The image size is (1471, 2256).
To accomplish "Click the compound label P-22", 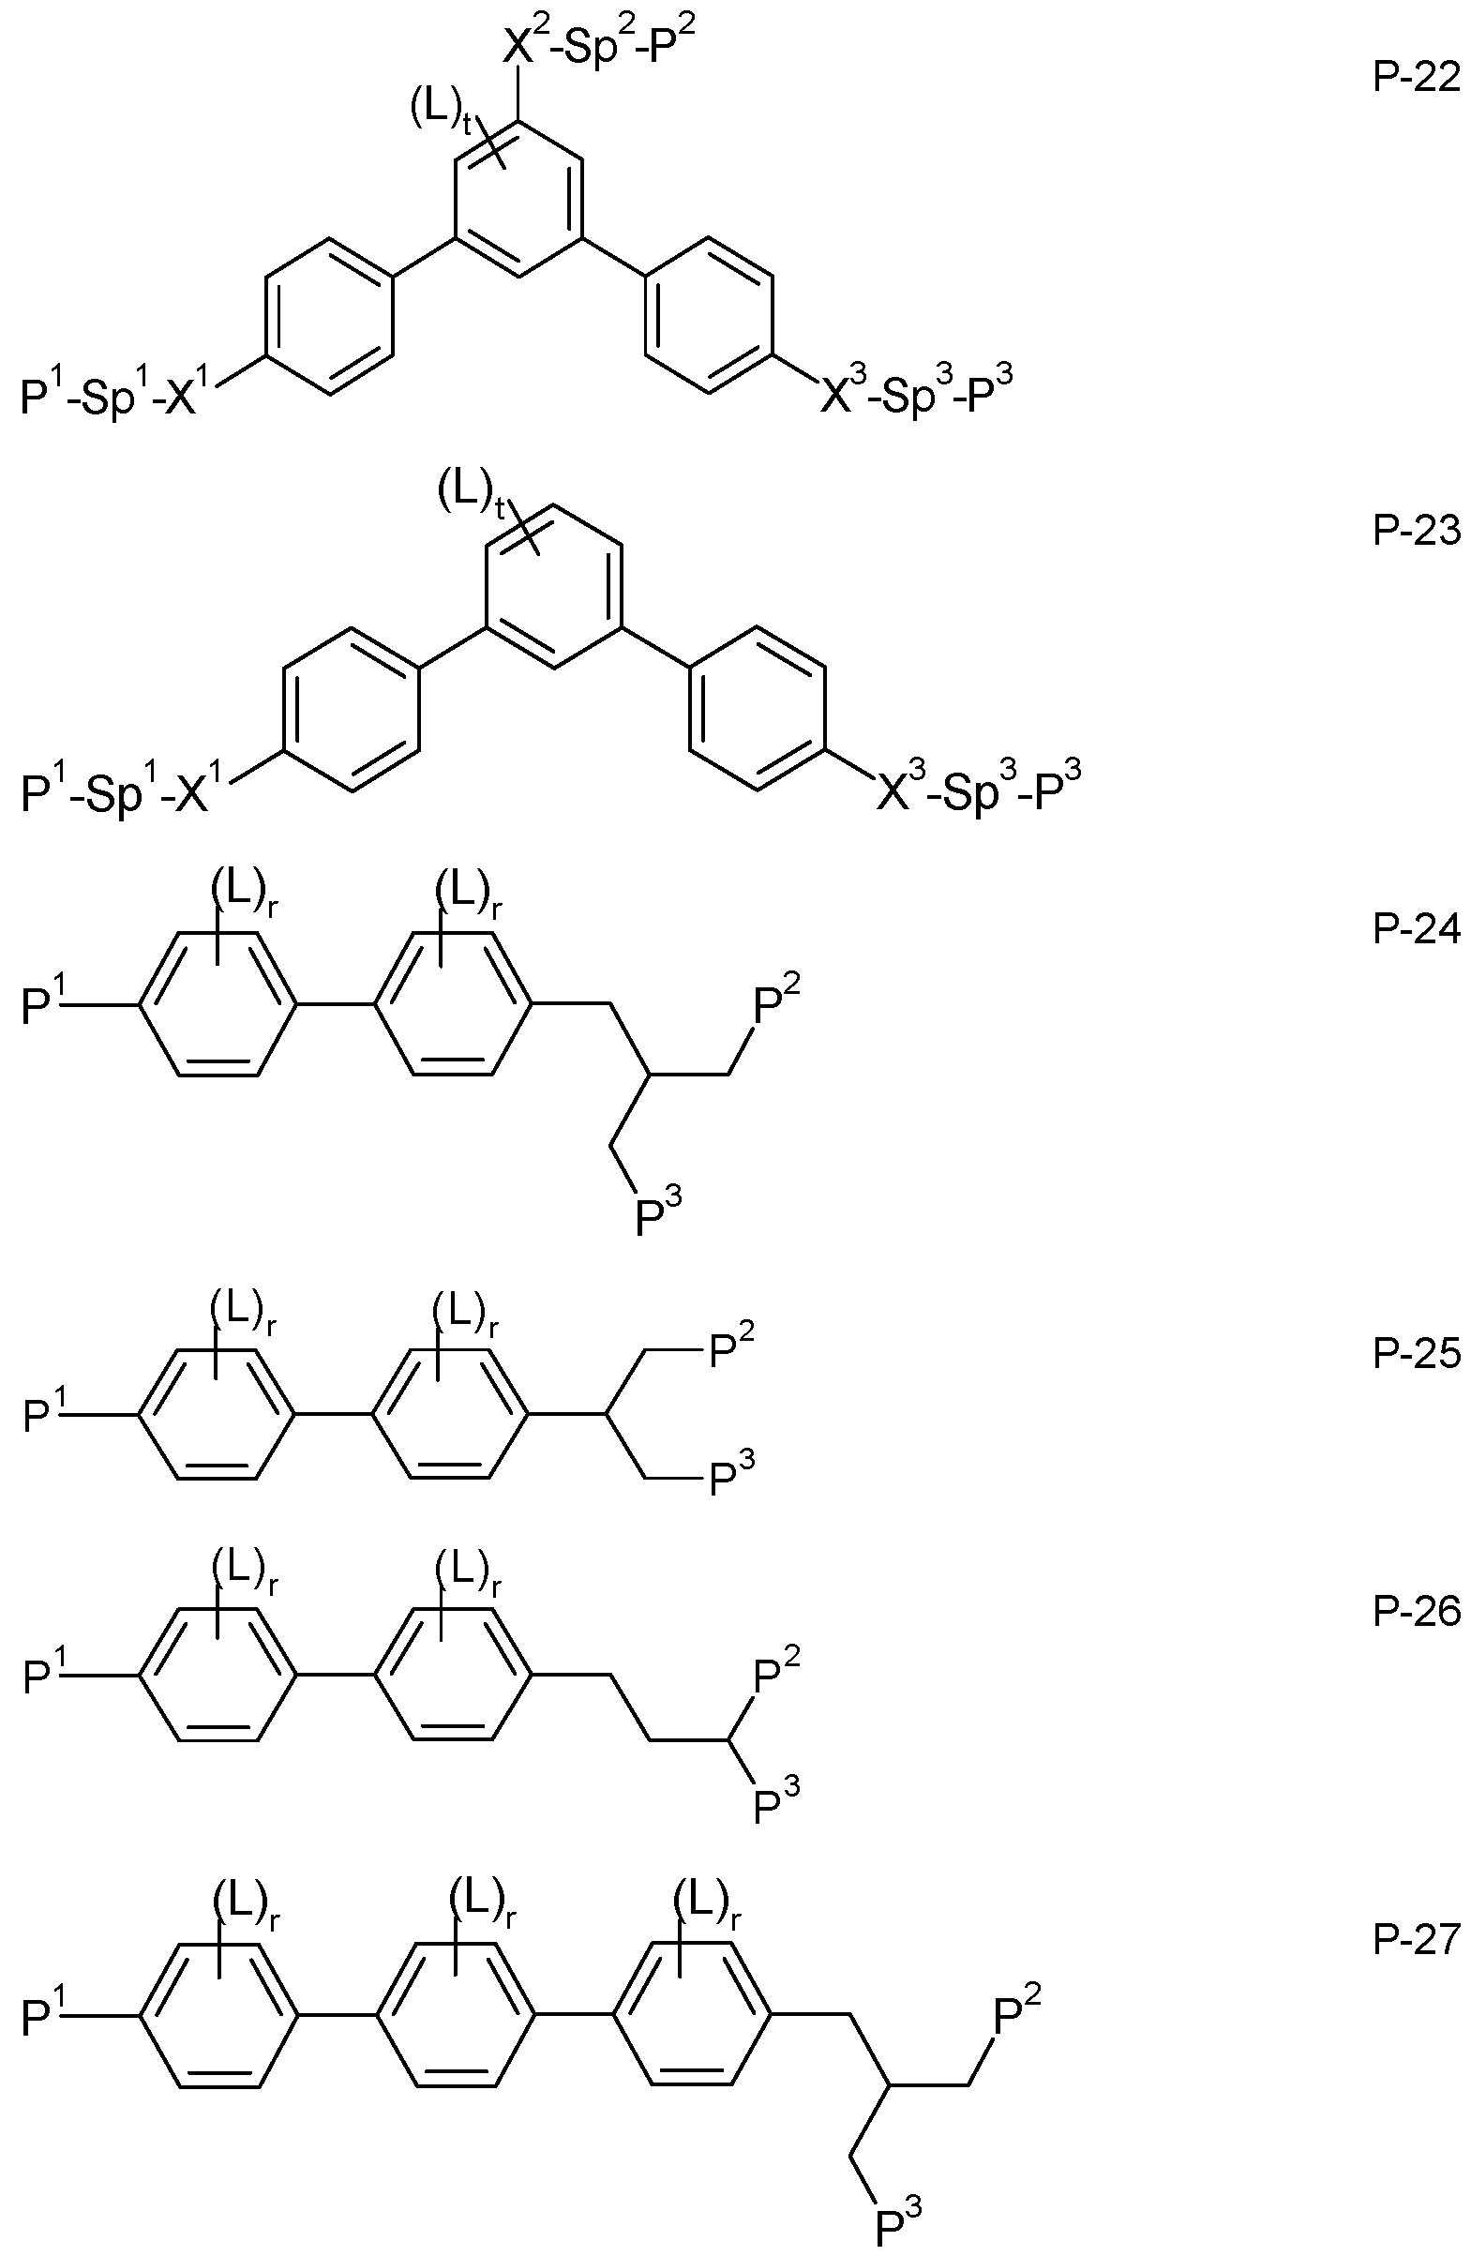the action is click(x=1416, y=78).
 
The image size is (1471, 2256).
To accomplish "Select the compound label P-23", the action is click(x=1416, y=531).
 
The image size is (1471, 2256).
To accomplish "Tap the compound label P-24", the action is click(x=1416, y=930).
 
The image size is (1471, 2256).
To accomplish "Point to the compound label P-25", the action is click(x=1416, y=1354).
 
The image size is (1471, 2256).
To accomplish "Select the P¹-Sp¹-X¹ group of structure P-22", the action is click(x=119, y=392).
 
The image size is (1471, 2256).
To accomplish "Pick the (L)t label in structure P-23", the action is click(x=470, y=494).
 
